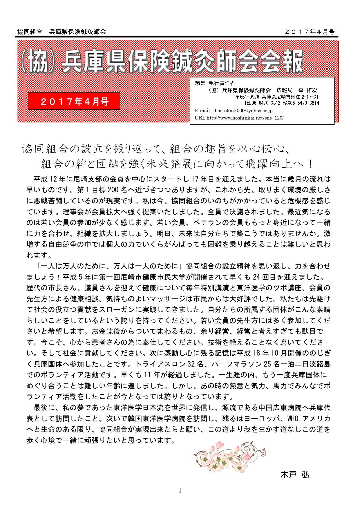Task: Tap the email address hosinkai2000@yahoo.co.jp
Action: [x=243, y=111]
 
